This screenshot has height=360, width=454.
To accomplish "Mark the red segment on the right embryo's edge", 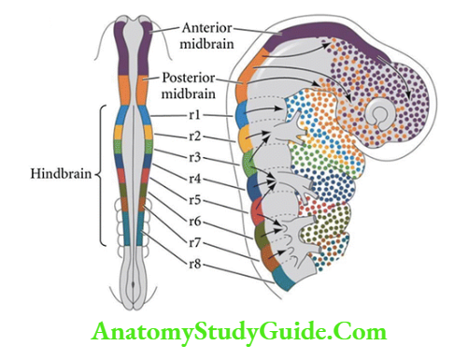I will tap(256, 210).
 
